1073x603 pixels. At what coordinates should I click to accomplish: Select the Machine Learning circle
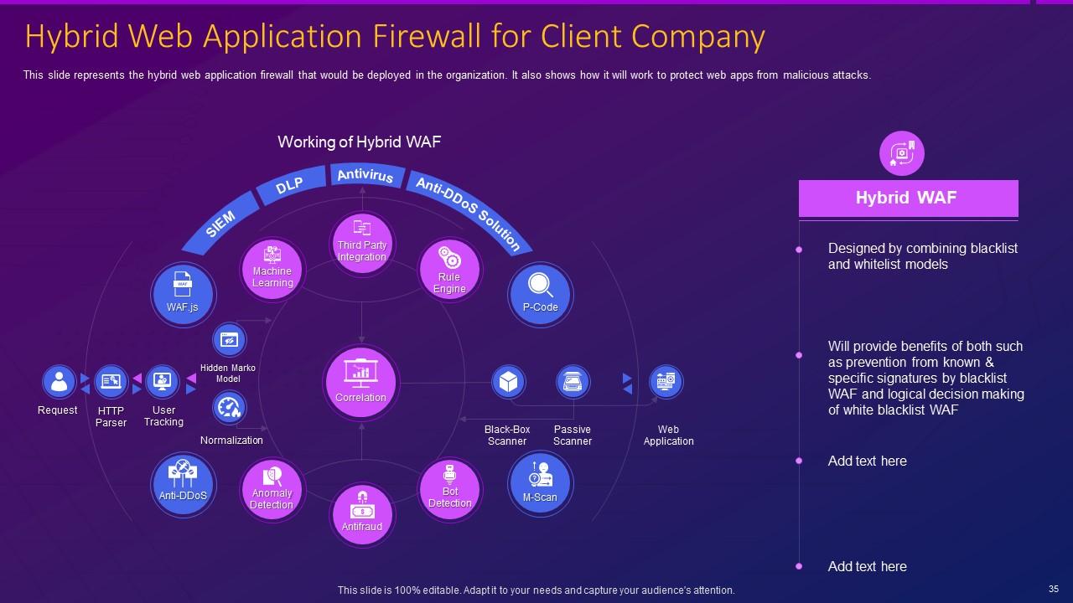[x=272, y=269]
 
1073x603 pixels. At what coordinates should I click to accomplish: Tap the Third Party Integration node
[x=362, y=243]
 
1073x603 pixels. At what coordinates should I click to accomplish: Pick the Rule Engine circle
[x=449, y=271]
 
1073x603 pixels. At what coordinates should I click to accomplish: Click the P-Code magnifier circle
[x=540, y=294]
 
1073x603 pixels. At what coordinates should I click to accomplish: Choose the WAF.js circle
[x=183, y=294]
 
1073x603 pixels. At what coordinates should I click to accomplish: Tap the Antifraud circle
[x=362, y=513]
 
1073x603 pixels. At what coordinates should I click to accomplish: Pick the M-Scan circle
[x=540, y=483]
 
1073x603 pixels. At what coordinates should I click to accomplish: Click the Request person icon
[x=59, y=382]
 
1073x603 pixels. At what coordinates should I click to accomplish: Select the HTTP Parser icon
[x=111, y=382]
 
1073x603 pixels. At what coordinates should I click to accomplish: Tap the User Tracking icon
[x=163, y=382]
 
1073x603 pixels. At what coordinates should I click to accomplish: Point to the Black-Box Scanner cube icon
[x=508, y=382]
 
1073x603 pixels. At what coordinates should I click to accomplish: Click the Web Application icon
[x=666, y=382]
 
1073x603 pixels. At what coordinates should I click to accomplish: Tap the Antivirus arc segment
[x=365, y=175]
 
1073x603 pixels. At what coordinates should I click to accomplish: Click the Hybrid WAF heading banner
[x=908, y=198]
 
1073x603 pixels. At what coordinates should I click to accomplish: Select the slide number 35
[x=1054, y=589]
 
